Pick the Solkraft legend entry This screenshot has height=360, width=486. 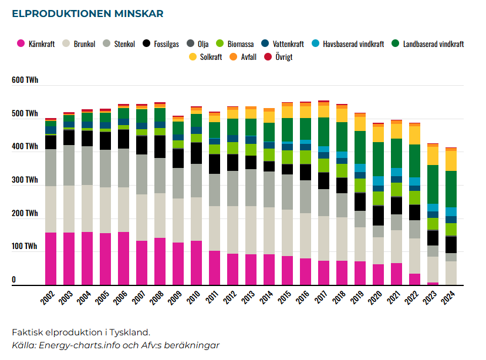[205, 57]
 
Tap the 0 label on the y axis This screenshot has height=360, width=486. [14, 280]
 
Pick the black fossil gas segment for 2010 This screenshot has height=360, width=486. [196, 153]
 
